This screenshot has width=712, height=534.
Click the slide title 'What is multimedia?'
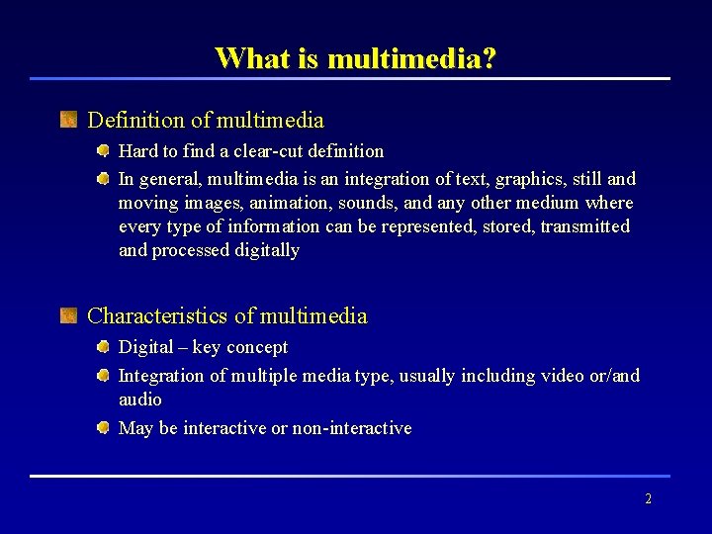pyautogui.click(x=355, y=58)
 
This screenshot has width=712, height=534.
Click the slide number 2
pyautogui.click(x=648, y=499)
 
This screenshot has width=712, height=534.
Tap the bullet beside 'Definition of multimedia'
pyautogui.click(x=68, y=121)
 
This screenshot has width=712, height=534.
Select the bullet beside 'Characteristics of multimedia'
pyautogui.click(x=68, y=316)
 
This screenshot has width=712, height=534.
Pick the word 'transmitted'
pyautogui.click(x=584, y=226)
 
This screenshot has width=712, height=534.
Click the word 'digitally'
pyautogui.click(x=267, y=250)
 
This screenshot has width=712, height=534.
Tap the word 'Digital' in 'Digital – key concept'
pyautogui.click(x=145, y=347)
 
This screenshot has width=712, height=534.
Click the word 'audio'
pyautogui.click(x=139, y=400)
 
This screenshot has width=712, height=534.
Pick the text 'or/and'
pyautogui.click(x=612, y=376)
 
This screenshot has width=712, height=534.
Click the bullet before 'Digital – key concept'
pyautogui.click(x=103, y=347)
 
